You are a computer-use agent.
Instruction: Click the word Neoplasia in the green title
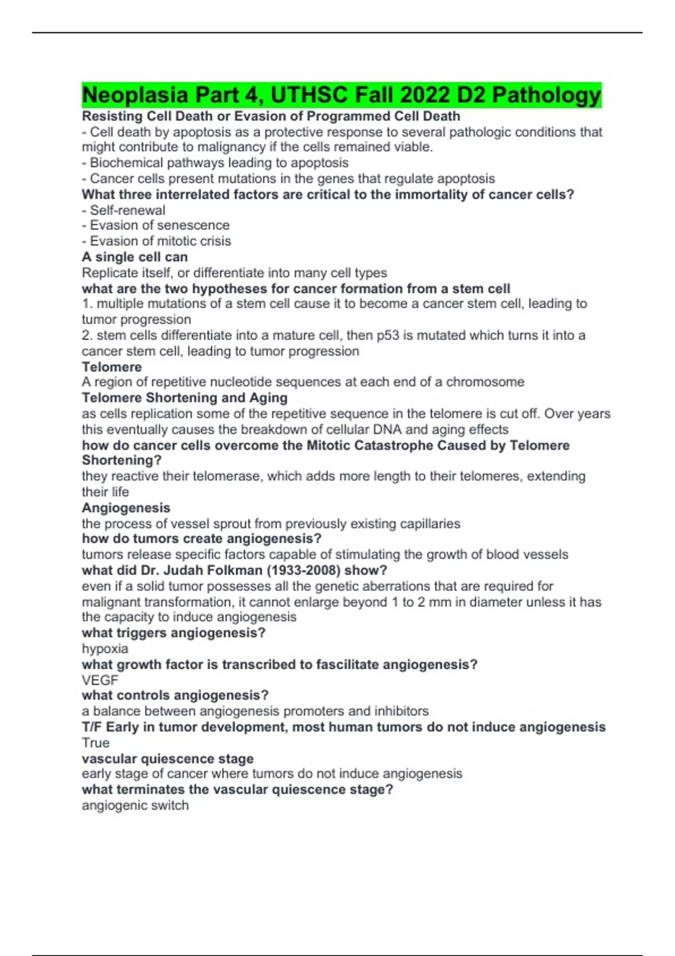(x=135, y=95)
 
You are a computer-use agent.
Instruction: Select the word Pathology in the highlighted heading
(x=546, y=95)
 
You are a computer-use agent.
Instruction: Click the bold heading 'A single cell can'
(x=134, y=257)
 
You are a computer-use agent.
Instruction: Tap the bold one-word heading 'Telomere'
(x=111, y=367)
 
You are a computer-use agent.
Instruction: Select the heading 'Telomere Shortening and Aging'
(x=184, y=398)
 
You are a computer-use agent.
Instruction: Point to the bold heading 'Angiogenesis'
(x=126, y=508)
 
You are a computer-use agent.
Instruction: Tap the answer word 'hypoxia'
(x=105, y=649)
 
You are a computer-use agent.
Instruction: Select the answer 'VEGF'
(x=100, y=680)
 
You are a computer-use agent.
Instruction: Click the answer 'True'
(x=96, y=743)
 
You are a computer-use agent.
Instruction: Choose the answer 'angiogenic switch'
(x=135, y=806)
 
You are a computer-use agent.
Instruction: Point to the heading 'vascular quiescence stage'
(x=168, y=759)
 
